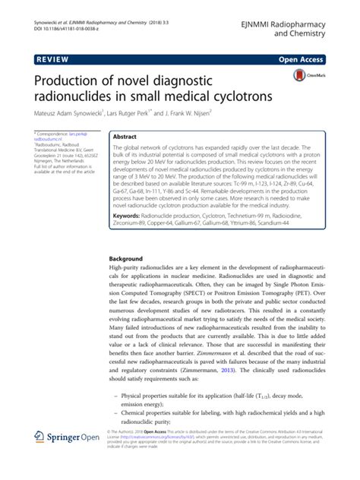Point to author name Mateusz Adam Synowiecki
click(73, 116)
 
